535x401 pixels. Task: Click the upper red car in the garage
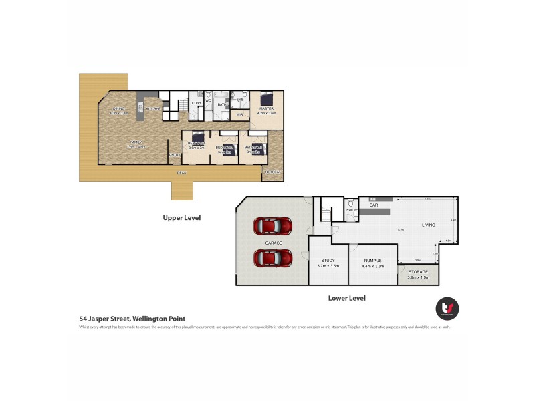[x=272, y=226]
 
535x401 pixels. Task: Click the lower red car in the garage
[x=272, y=257]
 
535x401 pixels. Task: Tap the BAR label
[x=374, y=205]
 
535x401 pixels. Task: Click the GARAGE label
[x=272, y=242]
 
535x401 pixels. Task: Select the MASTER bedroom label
[x=265, y=108]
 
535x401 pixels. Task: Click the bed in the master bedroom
[x=265, y=96]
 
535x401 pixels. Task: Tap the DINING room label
[x=119, y=108]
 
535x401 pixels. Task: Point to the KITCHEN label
[x=154, y=108]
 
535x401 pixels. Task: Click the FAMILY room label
[x=136, y=142]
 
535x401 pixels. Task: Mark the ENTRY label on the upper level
[x=174, y=156]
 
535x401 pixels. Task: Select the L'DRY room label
[x=196, y=103]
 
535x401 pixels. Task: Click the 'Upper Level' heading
[x=182, y=217]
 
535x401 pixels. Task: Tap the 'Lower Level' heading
[x=346, y=298]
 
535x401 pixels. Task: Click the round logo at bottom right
[x=447, y=308]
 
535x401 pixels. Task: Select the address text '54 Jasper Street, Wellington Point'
[x=132, y=319]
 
